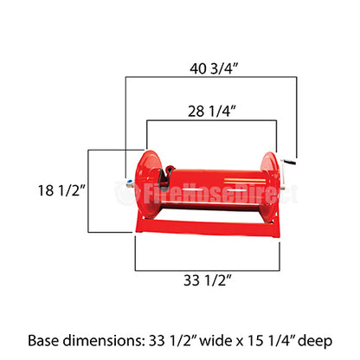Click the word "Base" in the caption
[46, 339]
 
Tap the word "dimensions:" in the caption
[109, 339]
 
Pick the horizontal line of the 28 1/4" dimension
[211, 120]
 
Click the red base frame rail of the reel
[207, 228]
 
